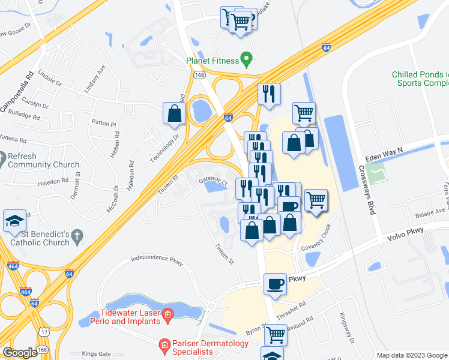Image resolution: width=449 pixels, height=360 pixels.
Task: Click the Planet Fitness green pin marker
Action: tap(246, 59)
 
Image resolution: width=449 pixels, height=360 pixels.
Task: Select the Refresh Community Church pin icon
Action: tap(6, 160)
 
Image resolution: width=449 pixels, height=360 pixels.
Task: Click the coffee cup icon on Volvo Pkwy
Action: tap(276, 284)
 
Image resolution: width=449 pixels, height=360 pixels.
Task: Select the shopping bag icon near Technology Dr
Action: tap(174, 113)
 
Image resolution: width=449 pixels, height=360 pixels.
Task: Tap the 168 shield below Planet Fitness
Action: tap(199, 75)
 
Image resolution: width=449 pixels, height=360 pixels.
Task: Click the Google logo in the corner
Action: tap(20, 353)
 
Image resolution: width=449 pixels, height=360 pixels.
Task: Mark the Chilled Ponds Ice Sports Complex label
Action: tap(420, 79)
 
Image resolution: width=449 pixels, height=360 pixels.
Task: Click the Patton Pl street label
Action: tap(103, 123)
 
